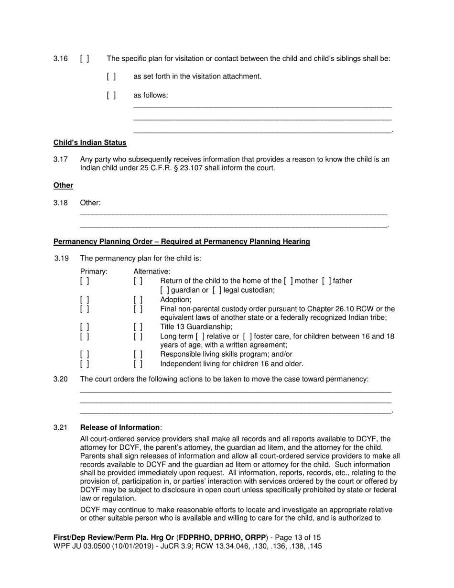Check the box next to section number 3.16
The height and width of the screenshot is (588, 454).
pos(85,59)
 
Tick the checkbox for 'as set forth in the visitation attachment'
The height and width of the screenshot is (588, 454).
pos(111,76)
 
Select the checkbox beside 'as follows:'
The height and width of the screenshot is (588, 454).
pos(111,95)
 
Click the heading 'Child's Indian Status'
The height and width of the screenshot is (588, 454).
pos(90,142)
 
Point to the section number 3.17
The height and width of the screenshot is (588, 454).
pos(60,159)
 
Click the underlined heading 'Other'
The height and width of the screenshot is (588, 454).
pos(63,185)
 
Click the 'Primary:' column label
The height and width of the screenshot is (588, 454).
pos(94,272)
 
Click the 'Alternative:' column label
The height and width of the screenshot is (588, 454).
pos(151,272)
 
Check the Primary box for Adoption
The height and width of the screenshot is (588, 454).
pos(85,300)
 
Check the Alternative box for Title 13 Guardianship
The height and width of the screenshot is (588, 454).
pos(138,327)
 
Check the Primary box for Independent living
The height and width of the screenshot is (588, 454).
pos(85,364)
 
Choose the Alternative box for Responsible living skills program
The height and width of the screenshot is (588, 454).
pos(138,354)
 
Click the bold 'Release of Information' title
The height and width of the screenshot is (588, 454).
pos(120,427)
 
